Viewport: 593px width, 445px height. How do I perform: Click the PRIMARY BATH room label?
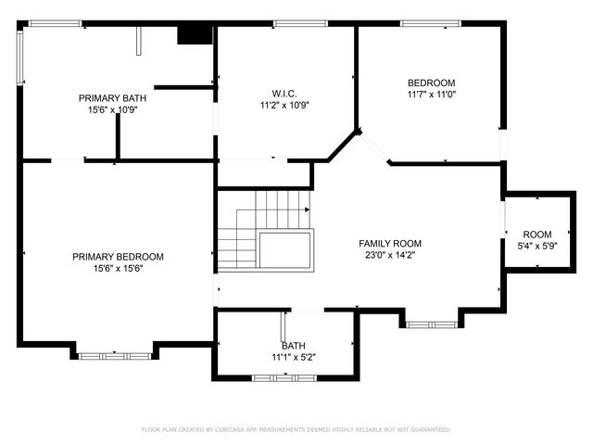[113, 97]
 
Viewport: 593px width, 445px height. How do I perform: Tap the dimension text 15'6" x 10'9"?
[113, 109]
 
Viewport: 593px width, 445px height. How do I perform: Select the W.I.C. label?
[284, 93]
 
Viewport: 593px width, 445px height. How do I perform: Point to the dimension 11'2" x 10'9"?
[284, 105]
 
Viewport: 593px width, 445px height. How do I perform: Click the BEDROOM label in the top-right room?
[432, 83]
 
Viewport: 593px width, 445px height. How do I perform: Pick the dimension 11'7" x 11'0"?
[432, 94]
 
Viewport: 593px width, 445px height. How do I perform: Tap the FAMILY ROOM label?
[390, 244]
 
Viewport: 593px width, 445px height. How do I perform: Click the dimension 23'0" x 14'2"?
[390, 255]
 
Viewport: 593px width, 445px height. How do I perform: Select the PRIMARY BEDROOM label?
[118, 257]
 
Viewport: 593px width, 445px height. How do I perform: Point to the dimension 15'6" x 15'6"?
[118, 269]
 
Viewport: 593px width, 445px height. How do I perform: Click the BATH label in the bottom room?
[294, 346]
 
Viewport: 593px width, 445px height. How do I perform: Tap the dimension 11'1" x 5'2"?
[294, 357]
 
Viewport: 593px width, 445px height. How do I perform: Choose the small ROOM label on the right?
[537, 235]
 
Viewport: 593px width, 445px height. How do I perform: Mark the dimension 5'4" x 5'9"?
[537, 246]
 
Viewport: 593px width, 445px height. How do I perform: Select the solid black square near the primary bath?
[195, 34]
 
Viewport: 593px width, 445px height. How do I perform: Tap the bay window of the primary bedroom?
[114, 355]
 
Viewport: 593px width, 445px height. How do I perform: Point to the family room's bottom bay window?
[431, 324]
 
